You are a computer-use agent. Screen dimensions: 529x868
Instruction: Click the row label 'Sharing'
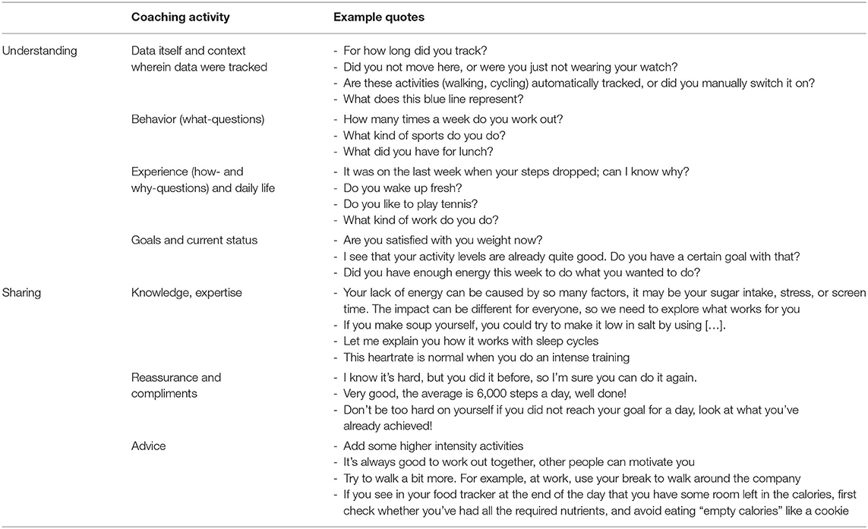pos(24,291)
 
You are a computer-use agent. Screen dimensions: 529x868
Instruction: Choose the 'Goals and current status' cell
pos(194,241)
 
